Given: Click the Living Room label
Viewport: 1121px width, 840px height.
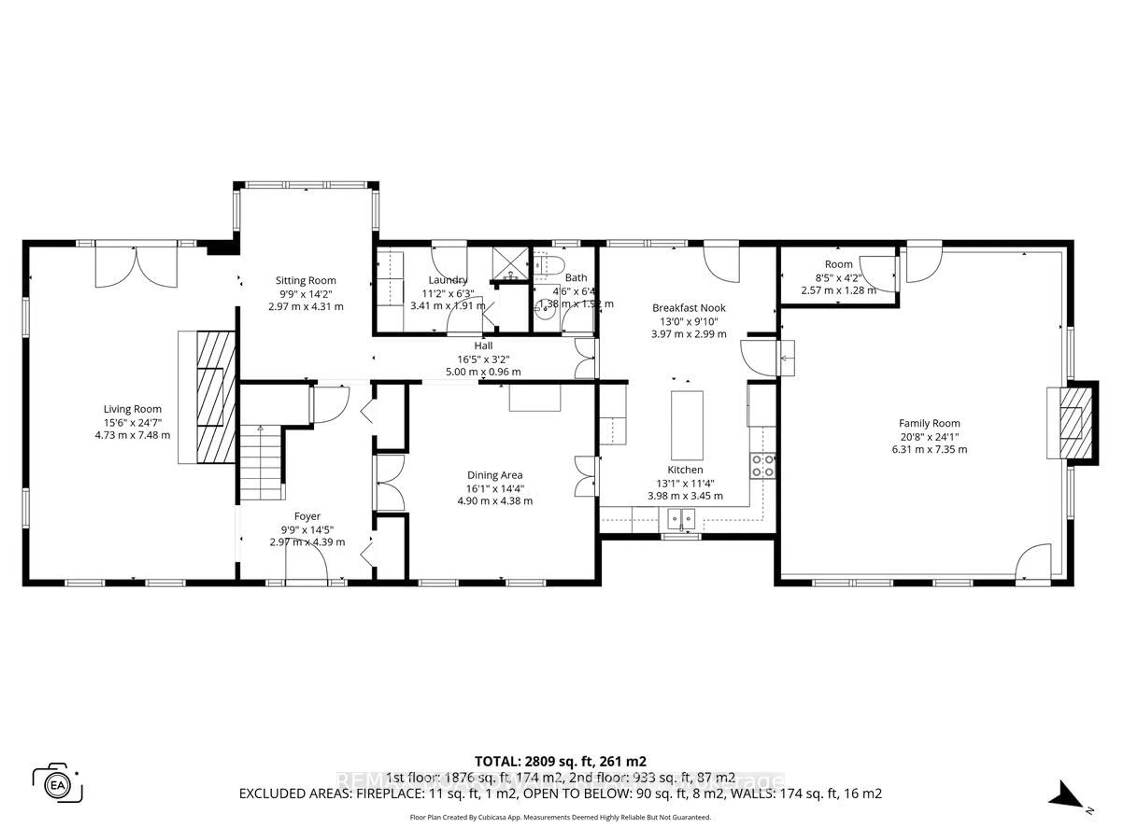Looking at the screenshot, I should click(x=132, y=409).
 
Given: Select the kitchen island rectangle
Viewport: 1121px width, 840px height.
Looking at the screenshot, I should click(x=687, y=425).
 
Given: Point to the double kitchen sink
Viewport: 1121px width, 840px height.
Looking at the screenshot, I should click(x=681, y=519).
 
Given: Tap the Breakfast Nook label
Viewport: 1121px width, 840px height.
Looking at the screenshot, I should click(x=689, y=308).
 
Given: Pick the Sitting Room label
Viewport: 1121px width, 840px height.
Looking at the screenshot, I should click(x=306, y=281).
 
